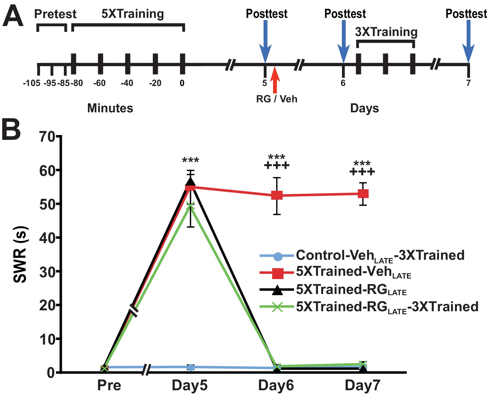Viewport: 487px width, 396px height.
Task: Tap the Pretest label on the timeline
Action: tap(55, 14)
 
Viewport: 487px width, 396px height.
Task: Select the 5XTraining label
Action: tap(133, 14)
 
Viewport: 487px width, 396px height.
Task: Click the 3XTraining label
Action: tap(386, 32)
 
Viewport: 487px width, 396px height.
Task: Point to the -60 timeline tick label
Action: tap(99, 83)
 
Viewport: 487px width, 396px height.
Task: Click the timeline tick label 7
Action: tap(468, 83)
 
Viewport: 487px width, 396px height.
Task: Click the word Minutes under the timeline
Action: tap(110, 108)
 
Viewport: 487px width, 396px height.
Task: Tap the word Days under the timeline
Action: tap(364, 108)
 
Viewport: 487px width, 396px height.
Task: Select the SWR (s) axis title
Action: tap(21, 255)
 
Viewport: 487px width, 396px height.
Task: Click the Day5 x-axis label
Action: tap(190, 385)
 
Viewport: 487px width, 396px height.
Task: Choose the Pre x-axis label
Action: tap(109, 385)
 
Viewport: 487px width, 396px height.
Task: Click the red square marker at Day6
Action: tap(277, 195)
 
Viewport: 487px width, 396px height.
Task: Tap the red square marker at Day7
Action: tap(363, 194)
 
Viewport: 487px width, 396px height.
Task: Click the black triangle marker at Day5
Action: tap(190, 181)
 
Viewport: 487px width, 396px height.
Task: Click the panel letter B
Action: tap(11, 129)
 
